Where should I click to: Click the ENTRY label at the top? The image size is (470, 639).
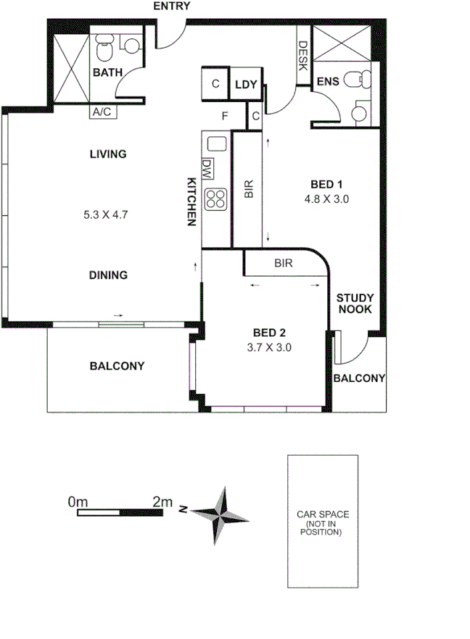pyautogui.click(x=172, y=7)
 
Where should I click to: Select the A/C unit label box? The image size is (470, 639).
pyautogui.click(x=100, y=112)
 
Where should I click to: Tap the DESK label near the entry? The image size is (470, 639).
pyautogui.click(x=302, y=55)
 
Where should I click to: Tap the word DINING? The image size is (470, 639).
pyautogui.click(x=108, y=275)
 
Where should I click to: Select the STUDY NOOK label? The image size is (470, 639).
pyautogui.click(x=354, y=303)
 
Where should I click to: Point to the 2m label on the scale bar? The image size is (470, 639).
pyautogui.click(x=162, y=501)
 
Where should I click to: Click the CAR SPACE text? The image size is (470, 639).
pyautogui.click(x=323, y=515)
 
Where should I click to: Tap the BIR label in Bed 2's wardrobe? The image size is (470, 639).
pyautogui.click(x=283, y=264)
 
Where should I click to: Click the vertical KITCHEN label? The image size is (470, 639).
pyautogui.click(x=192, y=202)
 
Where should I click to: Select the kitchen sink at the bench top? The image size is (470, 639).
pyautogui.click(x=215, y=143)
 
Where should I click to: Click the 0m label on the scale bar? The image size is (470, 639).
pyautogui.click(x=78, y=501)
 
